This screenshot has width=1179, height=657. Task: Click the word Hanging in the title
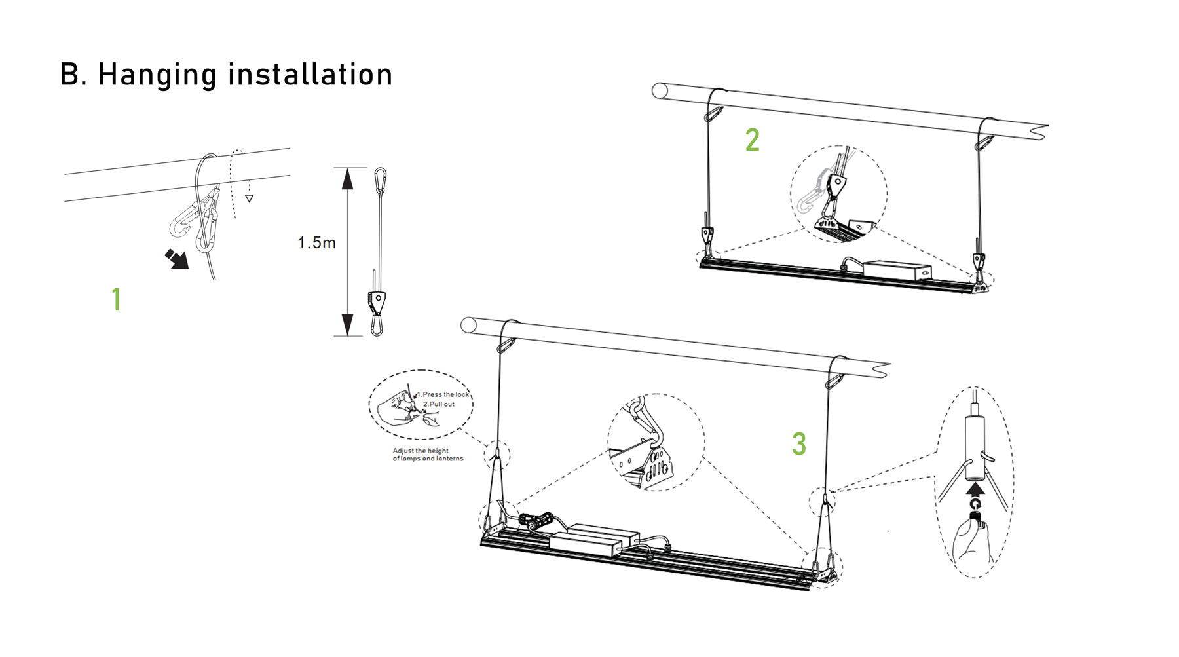point(157,75)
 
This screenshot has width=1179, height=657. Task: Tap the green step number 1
point(116,299)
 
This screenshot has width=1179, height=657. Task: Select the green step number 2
point(753,140)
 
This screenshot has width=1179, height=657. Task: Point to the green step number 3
point(798,443)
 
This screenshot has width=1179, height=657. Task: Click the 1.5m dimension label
point(316,243)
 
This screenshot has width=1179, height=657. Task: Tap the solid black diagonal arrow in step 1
point(177,259)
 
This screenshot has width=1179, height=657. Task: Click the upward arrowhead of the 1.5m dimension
point(348,179)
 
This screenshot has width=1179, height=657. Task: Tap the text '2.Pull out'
point(439,404)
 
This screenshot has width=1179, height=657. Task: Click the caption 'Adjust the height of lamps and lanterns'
point(428,455)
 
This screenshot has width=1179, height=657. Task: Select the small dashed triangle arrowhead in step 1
point(249,198)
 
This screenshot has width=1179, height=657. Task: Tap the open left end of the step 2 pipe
point(660,90)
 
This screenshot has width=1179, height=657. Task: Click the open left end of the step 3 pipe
point(468,325)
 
